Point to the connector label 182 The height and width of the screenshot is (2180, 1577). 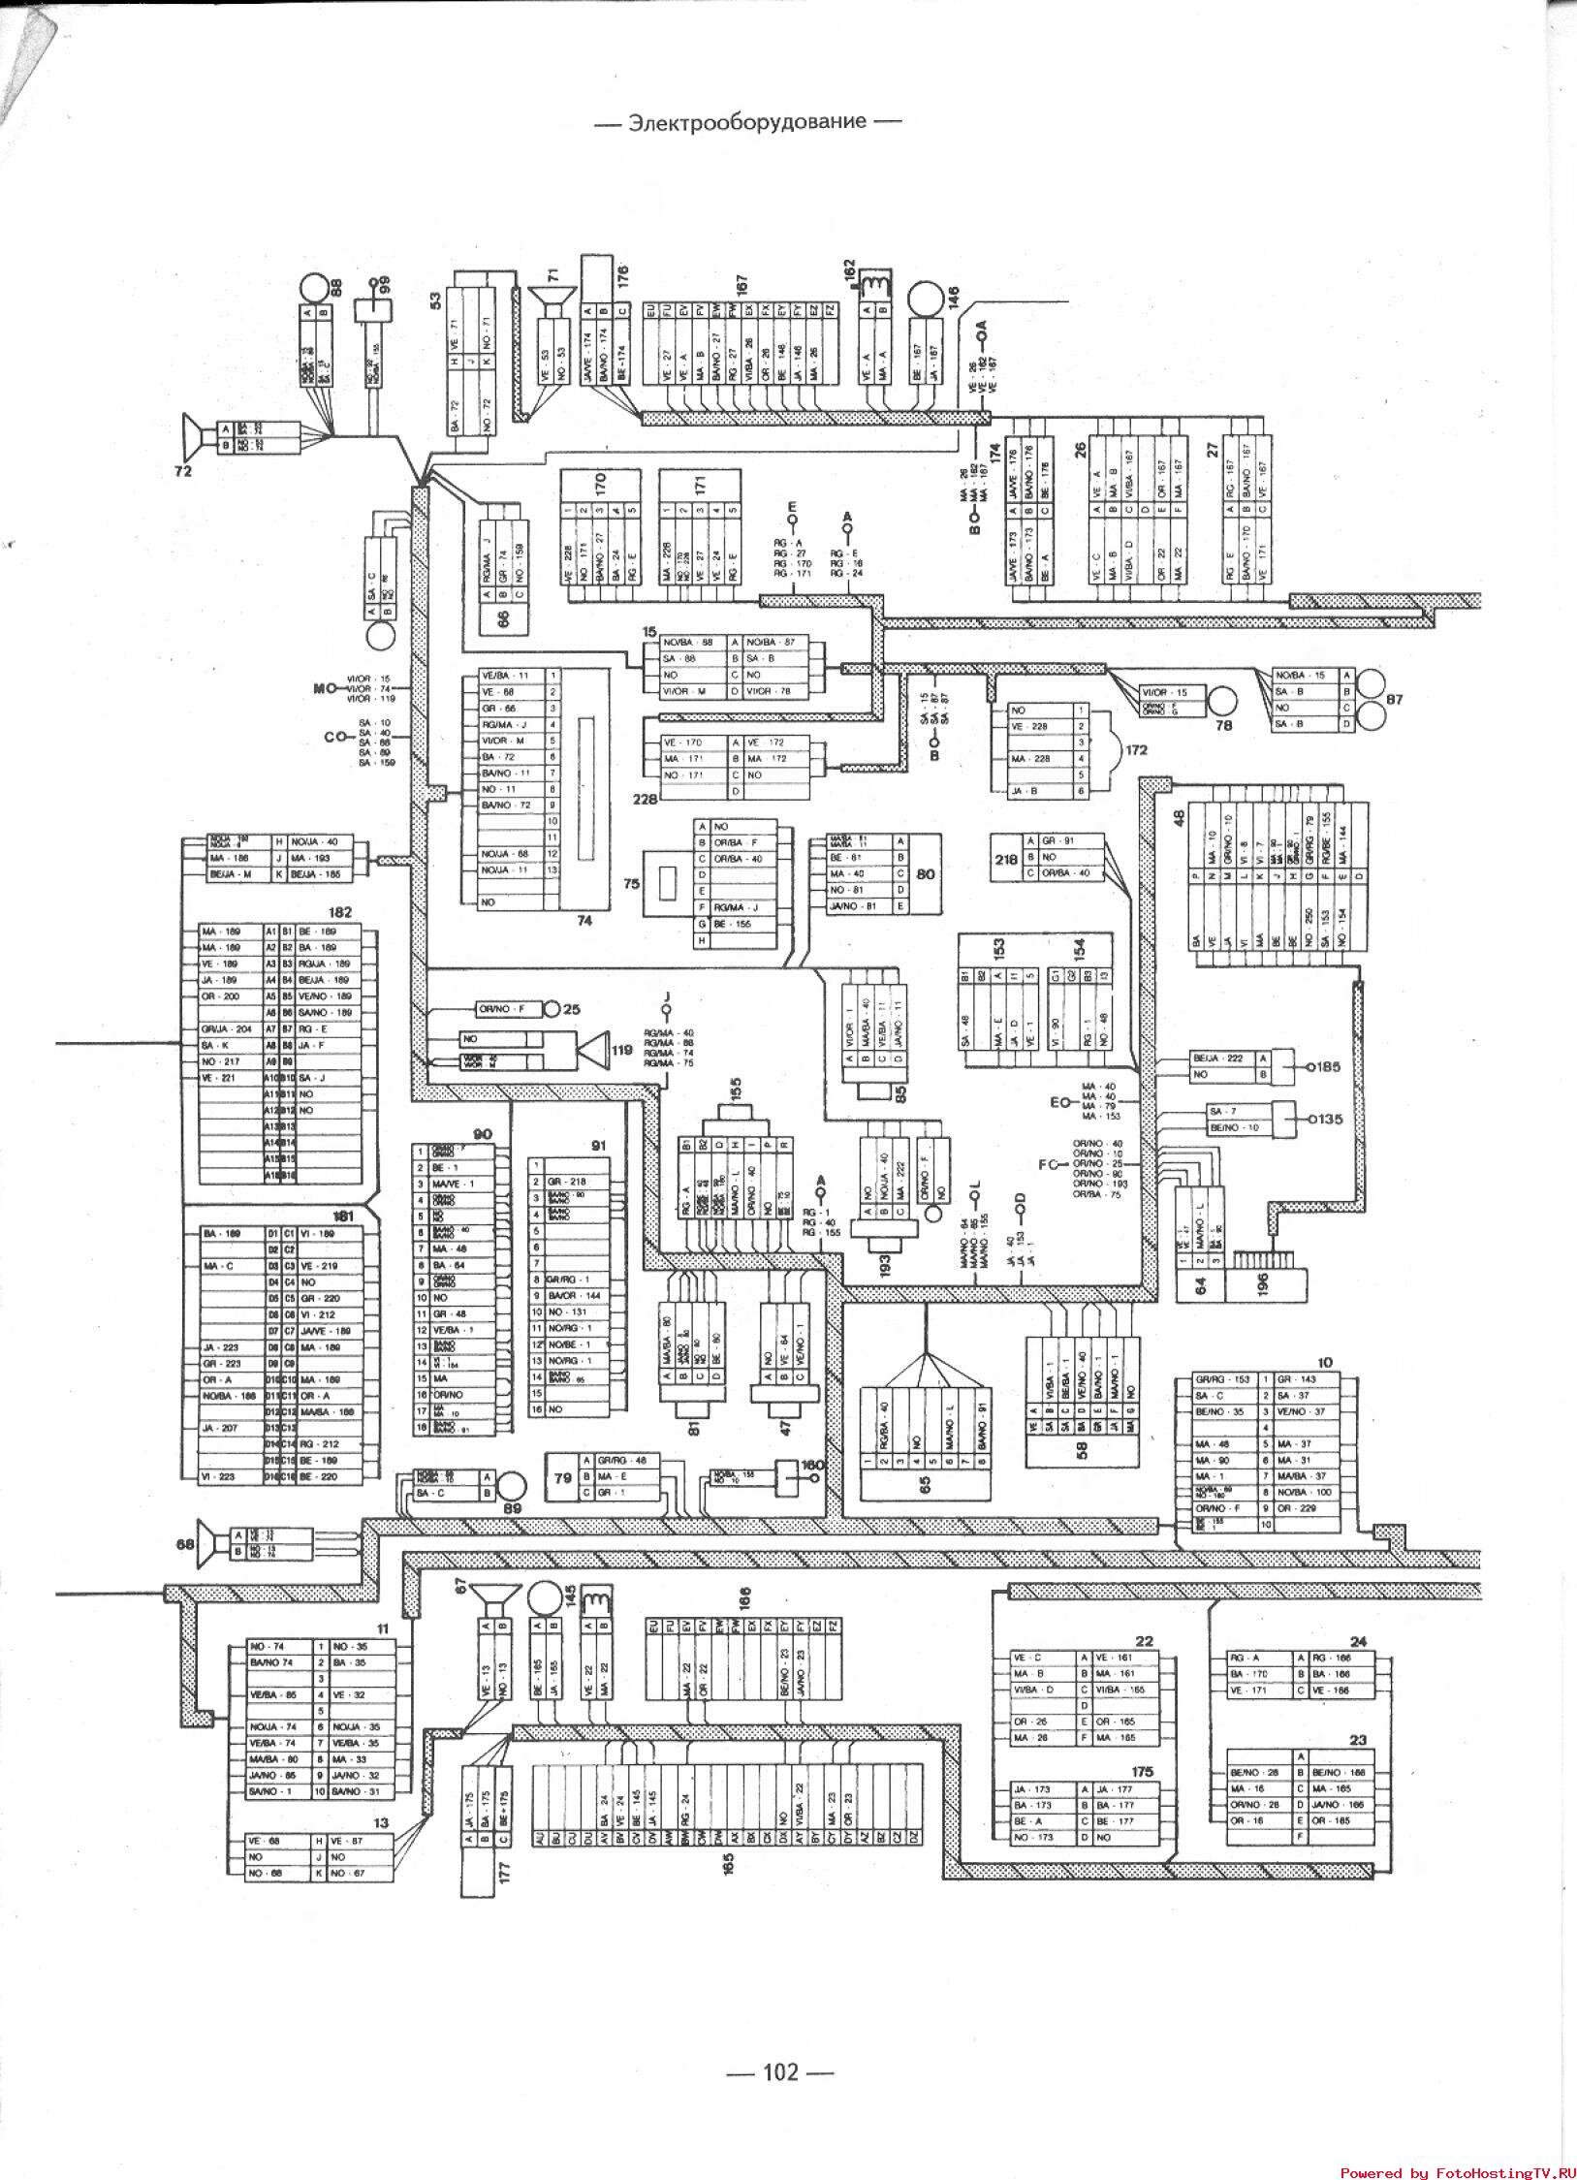click(x=341, y=912)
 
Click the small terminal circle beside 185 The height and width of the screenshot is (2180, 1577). click(x=1309, y=1066)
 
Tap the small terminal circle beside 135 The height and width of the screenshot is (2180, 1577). click(x=1309, y=1119)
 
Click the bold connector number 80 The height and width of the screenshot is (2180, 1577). click(x=924, y=874)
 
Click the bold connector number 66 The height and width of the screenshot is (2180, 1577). click(x=502, y=616)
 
